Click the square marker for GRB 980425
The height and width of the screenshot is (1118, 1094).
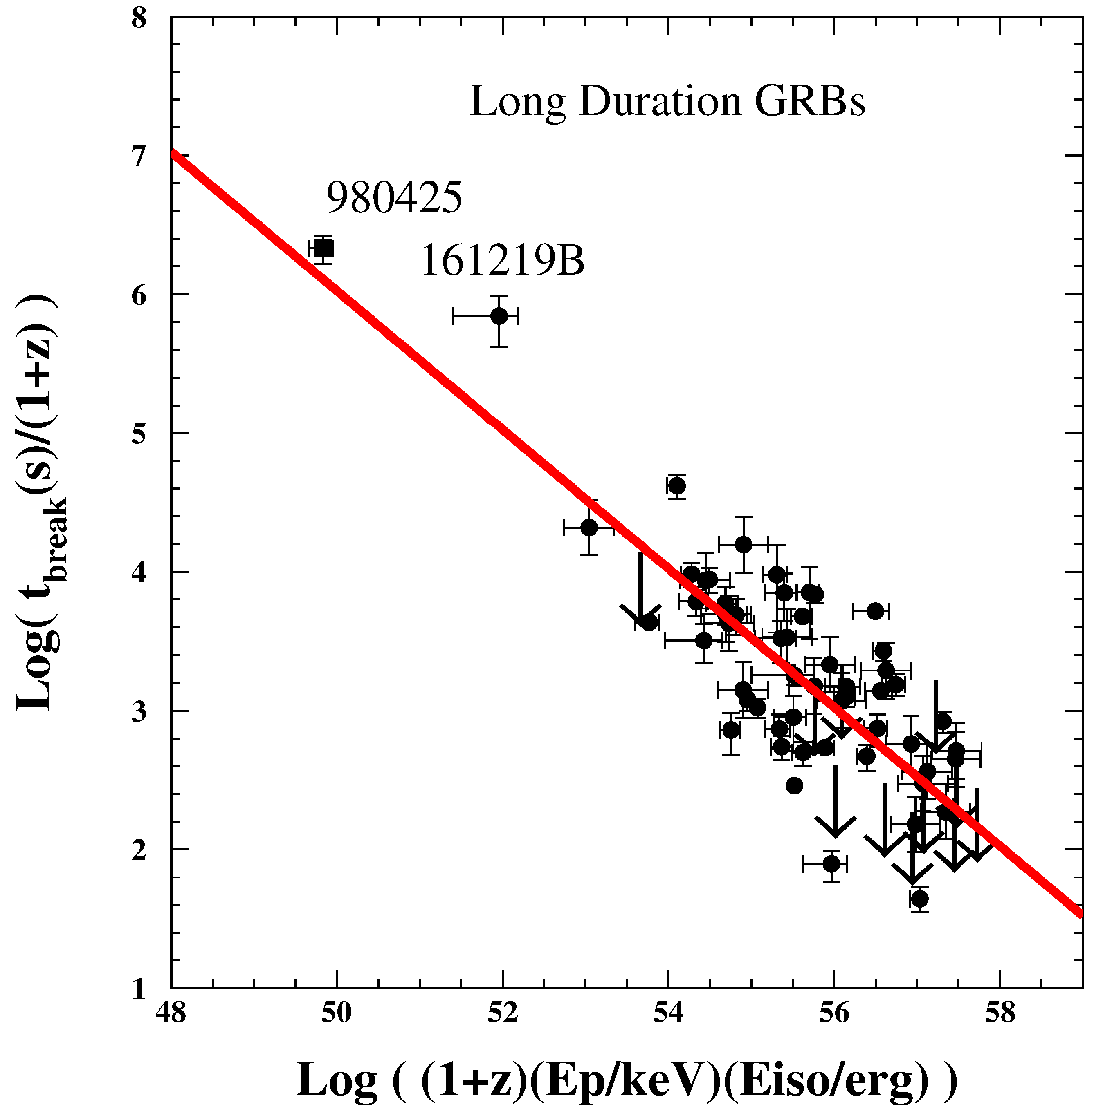(323, 248)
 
